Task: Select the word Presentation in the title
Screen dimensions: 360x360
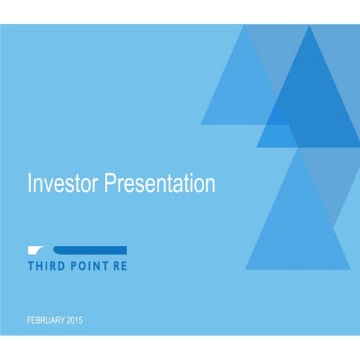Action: pyautogui.click(x=158, y=183)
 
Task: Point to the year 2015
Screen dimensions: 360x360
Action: pyautogui.click(x=74, y=321)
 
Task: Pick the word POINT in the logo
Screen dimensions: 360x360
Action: pyautogui.click(x=88, y=266)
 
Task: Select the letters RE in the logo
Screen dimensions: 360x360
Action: pyautogui.click(x=120, y=266)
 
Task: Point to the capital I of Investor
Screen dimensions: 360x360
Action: pyautogui.click(x=28, y=183)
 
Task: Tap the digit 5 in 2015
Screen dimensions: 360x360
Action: pyautogui.click(x=80, y=321)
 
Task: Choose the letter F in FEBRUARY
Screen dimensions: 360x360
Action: pyautogui.click(x=28, y=321)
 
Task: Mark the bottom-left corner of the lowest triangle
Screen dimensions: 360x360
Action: pyautogui.click(x=245, y=268)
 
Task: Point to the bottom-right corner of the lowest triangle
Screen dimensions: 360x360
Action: pyautogui.click(x=349, y=268)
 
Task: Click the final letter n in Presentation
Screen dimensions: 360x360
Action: pyautogui.click(x=210, y=184)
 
